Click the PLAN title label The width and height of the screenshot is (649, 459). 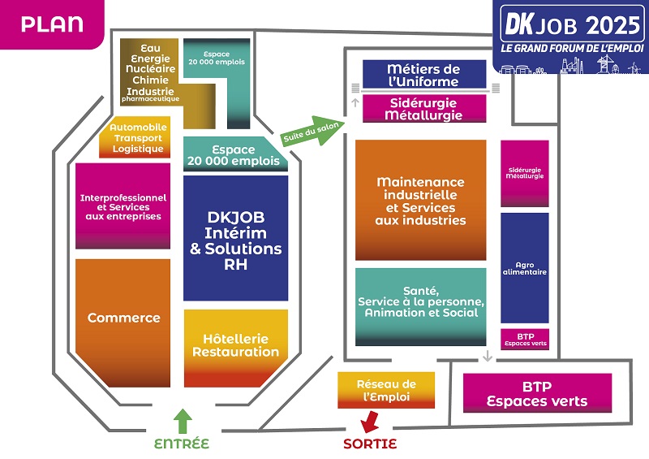pos(52,24)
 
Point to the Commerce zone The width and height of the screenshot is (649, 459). pos(123,318)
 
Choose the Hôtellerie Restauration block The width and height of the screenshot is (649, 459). pos(235,347)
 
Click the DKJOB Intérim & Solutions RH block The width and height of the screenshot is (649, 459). pos(235,239)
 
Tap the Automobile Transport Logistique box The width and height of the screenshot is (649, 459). pos(135,139)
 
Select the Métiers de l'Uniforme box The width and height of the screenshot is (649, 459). pos(423,75)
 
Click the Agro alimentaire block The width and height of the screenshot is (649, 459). pos(524,267)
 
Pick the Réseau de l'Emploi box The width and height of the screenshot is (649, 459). pos(385,390)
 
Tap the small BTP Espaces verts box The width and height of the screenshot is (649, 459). pos(524,338)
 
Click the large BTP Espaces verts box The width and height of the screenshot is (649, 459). pos(536,393)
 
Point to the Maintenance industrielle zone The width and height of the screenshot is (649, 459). pos(420,201)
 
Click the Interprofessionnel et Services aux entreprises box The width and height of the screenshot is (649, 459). pos(122,206)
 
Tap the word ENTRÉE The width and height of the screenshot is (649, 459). pos(182,444)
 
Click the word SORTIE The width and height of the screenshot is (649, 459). pos(370,444)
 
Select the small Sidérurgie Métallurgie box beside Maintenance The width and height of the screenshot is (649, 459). pos(524,173)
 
